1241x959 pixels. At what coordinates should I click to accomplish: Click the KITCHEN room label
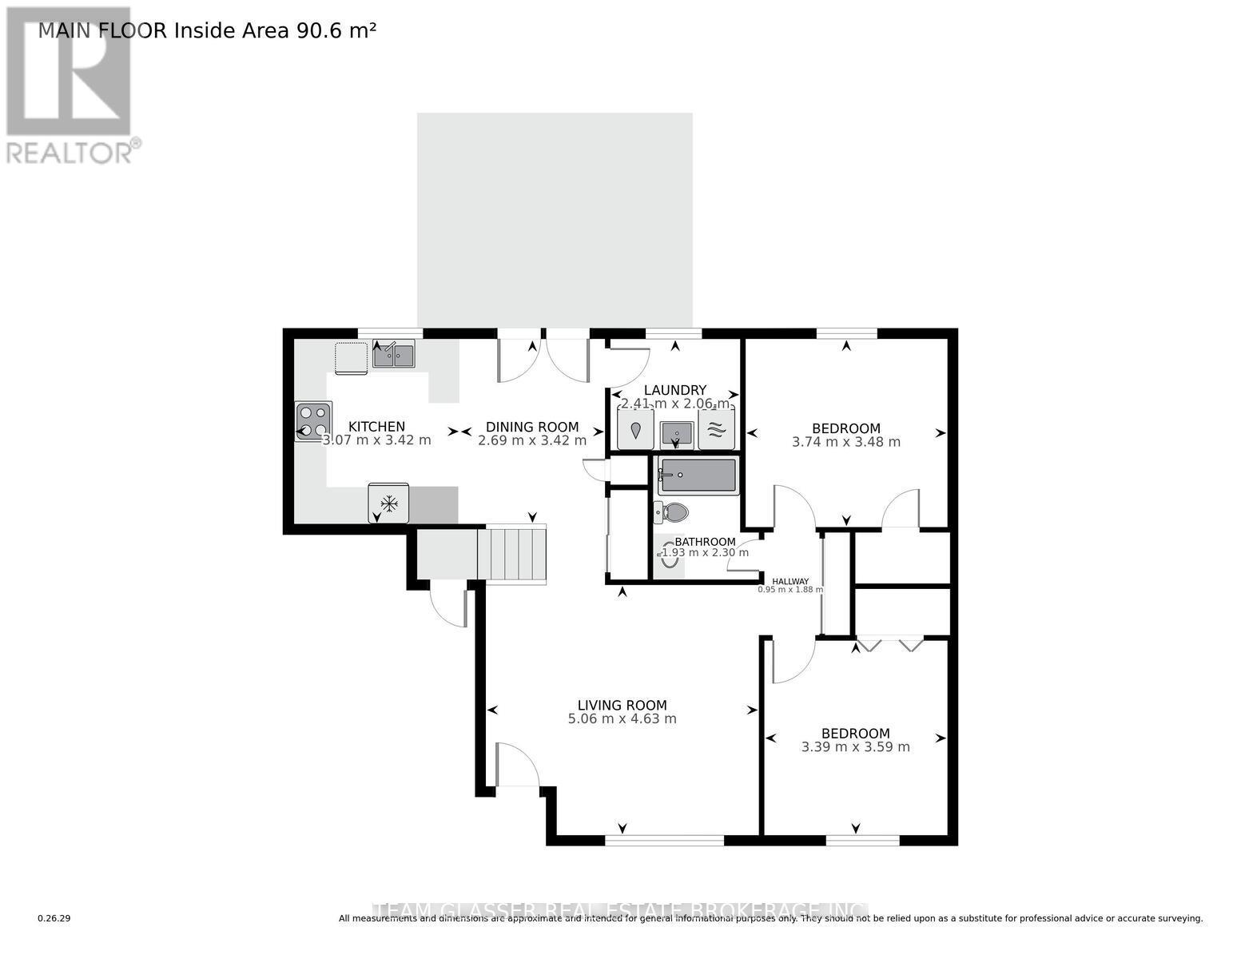coord(376,427)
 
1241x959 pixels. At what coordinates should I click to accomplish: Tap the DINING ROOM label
coord(532,427)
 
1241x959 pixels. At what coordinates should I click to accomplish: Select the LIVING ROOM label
coord(622,705)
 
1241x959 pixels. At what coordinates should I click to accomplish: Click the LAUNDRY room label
coord(675,390)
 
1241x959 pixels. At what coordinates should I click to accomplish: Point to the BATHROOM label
coord(705,542)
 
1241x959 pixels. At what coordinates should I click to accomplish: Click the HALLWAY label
coord(790,581)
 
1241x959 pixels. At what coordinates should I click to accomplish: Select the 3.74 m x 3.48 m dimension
coord(845,442)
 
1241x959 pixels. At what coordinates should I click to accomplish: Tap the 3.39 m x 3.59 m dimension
coord(855,747)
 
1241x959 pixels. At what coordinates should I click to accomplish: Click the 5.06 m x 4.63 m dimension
coord(622,718)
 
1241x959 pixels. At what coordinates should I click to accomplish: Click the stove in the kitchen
coord(313,420)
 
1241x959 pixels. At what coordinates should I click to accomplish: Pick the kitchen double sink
coord(393,355)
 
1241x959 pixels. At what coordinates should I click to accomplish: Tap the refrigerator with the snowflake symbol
coord(389,503)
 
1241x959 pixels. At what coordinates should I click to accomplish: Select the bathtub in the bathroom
coord(698,476)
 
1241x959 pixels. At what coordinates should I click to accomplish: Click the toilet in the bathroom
coord(672,511)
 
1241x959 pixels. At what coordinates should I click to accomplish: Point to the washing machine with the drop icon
coord(635,430)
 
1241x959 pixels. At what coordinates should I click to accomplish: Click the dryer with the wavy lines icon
coord(716,430)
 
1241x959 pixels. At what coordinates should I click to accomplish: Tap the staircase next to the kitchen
coord(511,553)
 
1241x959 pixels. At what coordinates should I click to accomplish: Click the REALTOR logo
coord(70,84)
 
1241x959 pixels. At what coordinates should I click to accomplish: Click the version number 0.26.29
coord(54,918)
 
